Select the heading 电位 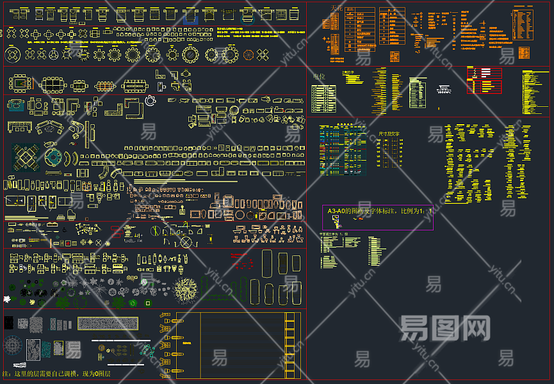click(318, 76)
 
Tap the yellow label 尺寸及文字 click(389, 134)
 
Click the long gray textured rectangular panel click(108, 323)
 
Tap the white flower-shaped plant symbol click(7, 298)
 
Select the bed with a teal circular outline click(54, 157)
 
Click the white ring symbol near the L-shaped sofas click(151, 100)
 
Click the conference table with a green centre click(20, 83)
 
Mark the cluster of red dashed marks click(241, 259)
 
